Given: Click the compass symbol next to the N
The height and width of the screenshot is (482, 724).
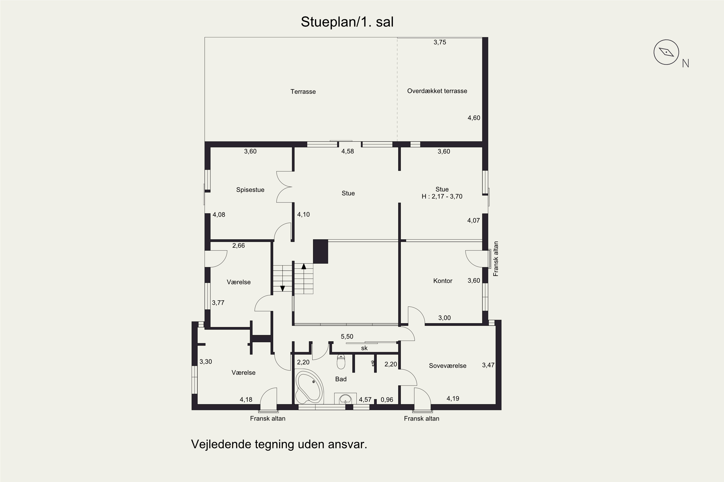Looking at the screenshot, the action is coord(666,52).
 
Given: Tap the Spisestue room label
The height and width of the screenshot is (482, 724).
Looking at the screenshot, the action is coord(250,190).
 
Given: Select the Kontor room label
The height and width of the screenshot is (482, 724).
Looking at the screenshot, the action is coord(443,281).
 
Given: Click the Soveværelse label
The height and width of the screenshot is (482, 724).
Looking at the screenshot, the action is coord(448,366).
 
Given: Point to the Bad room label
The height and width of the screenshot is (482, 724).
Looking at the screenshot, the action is coord(341,379).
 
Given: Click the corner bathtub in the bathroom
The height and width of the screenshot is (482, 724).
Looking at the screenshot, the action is coord(309,386).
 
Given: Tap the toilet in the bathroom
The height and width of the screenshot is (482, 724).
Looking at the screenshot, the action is coord(341,361).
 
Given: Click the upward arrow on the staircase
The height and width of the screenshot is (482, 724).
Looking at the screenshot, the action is coord(304,267).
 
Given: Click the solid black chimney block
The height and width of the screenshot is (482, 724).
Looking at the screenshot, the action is coord(320,251).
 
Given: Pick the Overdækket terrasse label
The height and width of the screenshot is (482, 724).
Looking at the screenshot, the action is coord(437,91).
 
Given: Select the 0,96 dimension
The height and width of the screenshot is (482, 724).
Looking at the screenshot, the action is coord(387,400).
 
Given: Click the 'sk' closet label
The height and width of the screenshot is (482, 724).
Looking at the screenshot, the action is coord(364,348).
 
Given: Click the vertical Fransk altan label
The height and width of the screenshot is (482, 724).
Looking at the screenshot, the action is coord(496,259).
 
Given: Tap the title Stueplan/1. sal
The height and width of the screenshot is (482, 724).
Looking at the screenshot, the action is coord(347,22).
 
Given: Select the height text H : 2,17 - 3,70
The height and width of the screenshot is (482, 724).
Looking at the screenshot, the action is coord(442,196).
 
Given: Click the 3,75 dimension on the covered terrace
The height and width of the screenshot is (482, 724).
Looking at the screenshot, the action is coord(440,42).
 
